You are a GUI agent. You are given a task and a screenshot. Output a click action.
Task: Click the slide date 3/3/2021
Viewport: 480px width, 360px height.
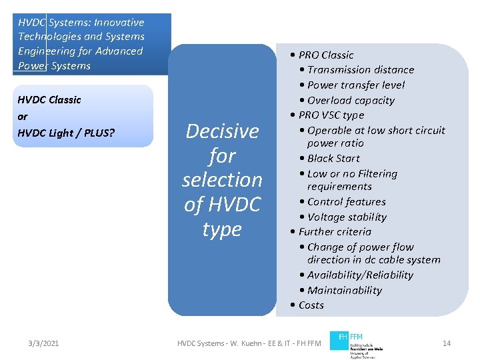[x=43, y=343]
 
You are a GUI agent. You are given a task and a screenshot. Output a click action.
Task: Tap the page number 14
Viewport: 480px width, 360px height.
[x=447, y=343]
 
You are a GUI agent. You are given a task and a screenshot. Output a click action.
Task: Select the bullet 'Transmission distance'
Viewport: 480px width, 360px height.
[x=361, y=70]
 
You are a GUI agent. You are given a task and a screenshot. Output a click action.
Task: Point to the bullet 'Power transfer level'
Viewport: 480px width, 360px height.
[x=356, y=85]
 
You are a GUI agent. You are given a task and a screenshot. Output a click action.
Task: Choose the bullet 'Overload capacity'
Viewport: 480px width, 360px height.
[x=351, y=101]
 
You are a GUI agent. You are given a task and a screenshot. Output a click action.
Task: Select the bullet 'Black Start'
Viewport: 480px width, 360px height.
[x=333, y=159]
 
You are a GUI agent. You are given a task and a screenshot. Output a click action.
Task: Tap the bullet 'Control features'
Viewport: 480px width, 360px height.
[x=347, y=202]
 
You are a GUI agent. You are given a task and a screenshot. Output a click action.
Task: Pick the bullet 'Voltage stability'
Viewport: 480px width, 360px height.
[x=347, y=217]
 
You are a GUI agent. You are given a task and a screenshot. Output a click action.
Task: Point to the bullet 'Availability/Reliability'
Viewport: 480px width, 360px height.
[x=360, y=275]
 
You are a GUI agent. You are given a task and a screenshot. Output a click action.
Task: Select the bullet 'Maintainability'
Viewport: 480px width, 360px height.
[x=345, y=291]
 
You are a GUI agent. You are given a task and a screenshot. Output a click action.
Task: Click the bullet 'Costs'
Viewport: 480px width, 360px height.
[x=311, y=305]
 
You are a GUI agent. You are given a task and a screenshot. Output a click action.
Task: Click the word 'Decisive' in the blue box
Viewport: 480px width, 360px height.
[x=222, y=131]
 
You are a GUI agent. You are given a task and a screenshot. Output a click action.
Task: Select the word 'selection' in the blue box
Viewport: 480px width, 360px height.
[x=222, y=180]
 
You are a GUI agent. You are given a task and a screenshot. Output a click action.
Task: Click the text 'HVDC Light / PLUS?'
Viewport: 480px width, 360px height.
[x=67, y=133]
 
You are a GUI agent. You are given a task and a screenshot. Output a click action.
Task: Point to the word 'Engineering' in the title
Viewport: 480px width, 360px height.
[x=47, y=51]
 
